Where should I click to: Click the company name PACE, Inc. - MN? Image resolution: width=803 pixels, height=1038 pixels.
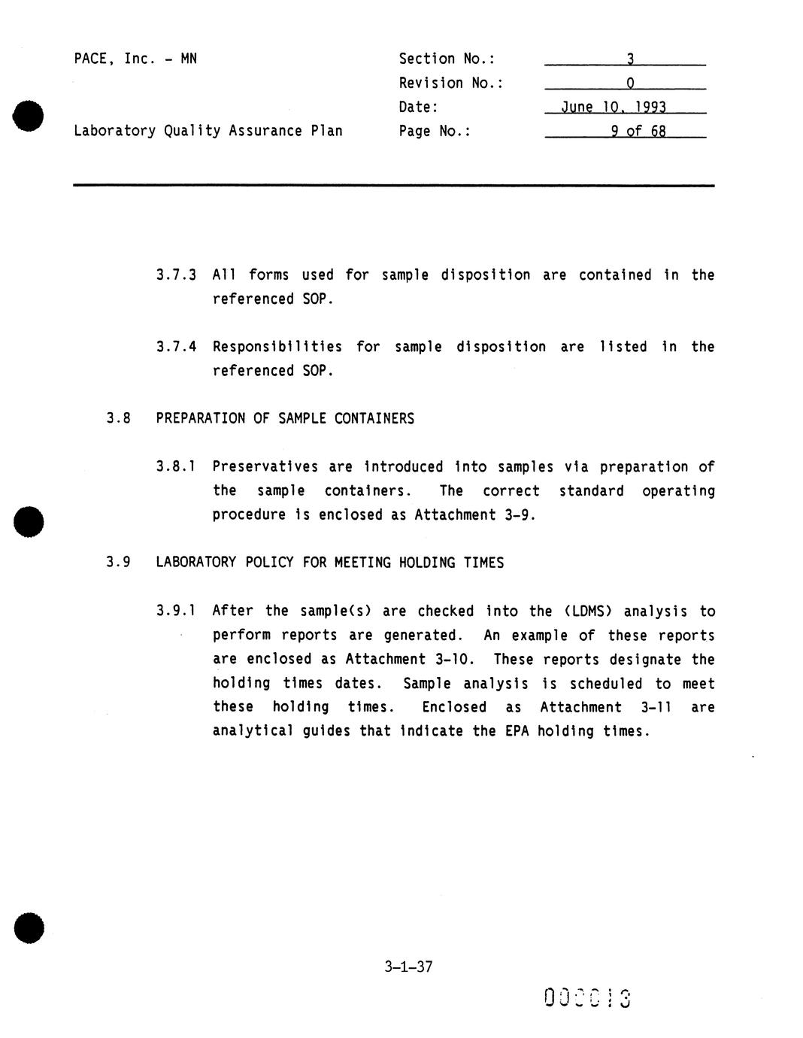tap(135, 59)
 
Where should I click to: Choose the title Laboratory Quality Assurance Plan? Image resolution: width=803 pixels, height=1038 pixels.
tap(208, 131)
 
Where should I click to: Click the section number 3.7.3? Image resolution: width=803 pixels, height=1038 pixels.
tap(176, 275)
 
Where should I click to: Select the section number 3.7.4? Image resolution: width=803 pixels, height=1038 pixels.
tap(176, 347)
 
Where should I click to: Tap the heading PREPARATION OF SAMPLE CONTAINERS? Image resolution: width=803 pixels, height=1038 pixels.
tap(285, 419)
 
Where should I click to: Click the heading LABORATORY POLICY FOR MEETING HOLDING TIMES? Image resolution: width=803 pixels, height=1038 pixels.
tap(329, 563)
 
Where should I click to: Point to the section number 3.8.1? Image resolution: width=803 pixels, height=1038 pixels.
tap(176, 467)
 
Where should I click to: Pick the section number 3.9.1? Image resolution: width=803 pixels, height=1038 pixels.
tap(176, 611)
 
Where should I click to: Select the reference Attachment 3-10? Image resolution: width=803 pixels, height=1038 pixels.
tap(409, 660)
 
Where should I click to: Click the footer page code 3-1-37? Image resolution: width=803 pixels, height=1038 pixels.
tap(408, 967)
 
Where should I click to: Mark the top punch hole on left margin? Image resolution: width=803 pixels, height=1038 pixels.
tap(28, 116)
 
